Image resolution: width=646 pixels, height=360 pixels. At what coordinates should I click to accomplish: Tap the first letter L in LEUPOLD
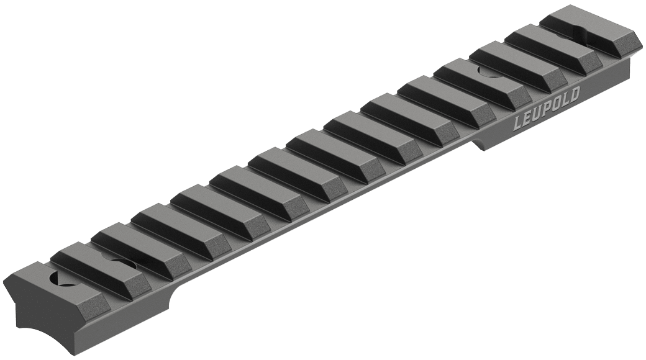pyautogui.click(x=518, y=124)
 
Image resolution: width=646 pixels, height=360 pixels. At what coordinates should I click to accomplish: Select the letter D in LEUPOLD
pyautogui.click(x=576, y=95)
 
